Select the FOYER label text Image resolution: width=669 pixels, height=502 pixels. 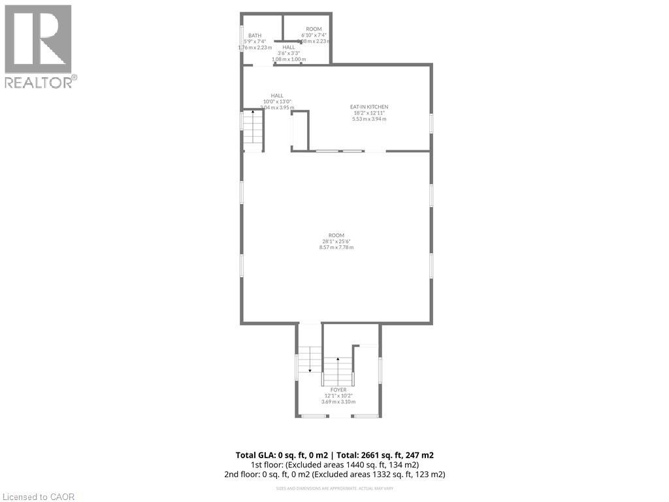click(x=338, y=390)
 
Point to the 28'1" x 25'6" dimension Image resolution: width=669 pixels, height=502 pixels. click(x=336, y=241)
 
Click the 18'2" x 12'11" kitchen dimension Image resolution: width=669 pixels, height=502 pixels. click(x=369, y=113)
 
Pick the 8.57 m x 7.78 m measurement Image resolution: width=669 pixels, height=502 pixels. click(x=336, y=247)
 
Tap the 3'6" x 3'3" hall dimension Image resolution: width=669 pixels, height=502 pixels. click(x=289, y=53)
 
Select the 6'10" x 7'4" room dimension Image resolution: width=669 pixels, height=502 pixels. click(x=314, y=35)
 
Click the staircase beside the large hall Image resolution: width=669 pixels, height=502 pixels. click(x=253, y=131)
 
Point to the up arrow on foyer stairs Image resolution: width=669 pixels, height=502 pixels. click(x=338, y=360)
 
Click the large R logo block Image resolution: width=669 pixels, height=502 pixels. click(x=39, y=39)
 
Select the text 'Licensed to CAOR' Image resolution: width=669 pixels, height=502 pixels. click(x=39, y=496)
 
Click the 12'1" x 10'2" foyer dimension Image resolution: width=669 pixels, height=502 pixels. click(x=338, y=395)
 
